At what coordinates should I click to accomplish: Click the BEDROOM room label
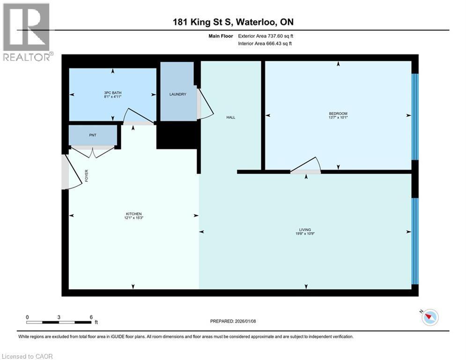[x=338, y=113]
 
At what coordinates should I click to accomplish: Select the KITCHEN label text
[x=133, y=214]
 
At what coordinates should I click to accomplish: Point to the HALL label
[x=230, y=117]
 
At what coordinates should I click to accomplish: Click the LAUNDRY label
[x=178, y=94]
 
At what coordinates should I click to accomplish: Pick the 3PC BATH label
[x=112, y=93]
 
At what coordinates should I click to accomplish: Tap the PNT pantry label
[x=92, y=135]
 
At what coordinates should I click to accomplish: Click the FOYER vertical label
[x=87, y=175]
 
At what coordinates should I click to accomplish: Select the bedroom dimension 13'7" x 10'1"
[x=338, y=118]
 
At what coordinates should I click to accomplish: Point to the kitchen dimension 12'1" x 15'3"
[x=133, y=218]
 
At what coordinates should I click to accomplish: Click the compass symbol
[x=429, y=317]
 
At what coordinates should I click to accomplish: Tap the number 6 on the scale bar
[x=91, y=317]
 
